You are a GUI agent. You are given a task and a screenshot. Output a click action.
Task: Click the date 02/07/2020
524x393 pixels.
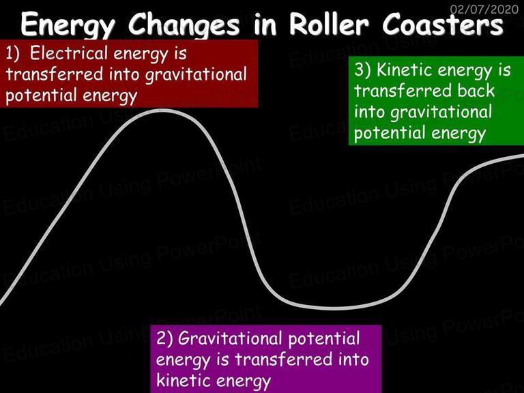(x=484, y=9)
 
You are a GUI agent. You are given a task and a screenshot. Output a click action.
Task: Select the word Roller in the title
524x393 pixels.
(x=329, y=24)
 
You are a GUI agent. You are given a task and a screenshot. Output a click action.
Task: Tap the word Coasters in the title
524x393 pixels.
(x=442, y=24)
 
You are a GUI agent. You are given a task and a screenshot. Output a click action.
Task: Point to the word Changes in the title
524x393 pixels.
(x=184, y=25)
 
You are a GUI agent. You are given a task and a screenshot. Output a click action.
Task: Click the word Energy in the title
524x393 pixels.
(x=68, y=25)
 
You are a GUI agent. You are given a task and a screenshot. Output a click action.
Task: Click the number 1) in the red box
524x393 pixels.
(x=13, y=54)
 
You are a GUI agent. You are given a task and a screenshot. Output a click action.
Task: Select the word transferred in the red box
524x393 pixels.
(x=55, y=74)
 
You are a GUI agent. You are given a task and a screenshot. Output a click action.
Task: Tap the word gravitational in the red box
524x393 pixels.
(x=196, y=75)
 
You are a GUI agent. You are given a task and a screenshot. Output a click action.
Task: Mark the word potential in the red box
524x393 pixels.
(x=42, y=96)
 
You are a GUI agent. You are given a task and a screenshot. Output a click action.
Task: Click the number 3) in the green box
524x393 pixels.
(x=362, y=70)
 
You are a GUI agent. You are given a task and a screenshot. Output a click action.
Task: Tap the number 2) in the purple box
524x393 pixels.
(x=164, y=338)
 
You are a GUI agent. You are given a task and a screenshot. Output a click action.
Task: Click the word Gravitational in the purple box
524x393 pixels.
(x=230, y=338)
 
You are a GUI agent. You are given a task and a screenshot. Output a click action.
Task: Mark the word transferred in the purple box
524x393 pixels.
(x=284, y=360)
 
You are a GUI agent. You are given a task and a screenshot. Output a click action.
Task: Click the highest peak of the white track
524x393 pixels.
(x=163, y=111)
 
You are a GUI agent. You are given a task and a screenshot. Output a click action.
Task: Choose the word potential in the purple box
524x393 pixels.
(x=324, y=339)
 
